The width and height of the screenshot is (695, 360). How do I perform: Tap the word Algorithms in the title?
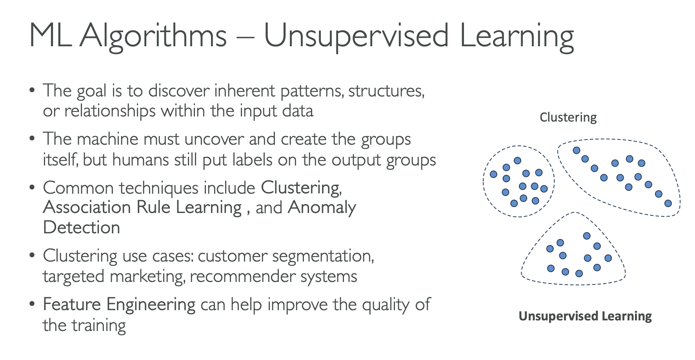click(153, 36)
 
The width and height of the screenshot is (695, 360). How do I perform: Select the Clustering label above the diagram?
click(568, 117)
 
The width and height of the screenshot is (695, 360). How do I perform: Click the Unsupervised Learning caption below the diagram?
click(585, 316)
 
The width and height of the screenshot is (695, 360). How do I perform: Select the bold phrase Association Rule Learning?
click(142, 207)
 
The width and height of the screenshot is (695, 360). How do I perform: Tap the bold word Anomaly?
click(322, 208)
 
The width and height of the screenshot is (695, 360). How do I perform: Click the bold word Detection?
click(82, 227)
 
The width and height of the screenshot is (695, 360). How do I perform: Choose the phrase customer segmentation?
click(286, 256)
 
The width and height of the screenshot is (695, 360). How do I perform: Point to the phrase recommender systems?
click(273, 276)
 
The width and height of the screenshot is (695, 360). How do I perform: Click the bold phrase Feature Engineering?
click(119, 305)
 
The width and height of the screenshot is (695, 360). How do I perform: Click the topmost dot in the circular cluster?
click(517, 160)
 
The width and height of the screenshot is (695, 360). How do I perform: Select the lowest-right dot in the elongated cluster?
click(668, 203)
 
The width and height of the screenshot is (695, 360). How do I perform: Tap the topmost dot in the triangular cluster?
click(587, 236)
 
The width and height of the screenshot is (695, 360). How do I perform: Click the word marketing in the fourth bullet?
click(147, 276)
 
